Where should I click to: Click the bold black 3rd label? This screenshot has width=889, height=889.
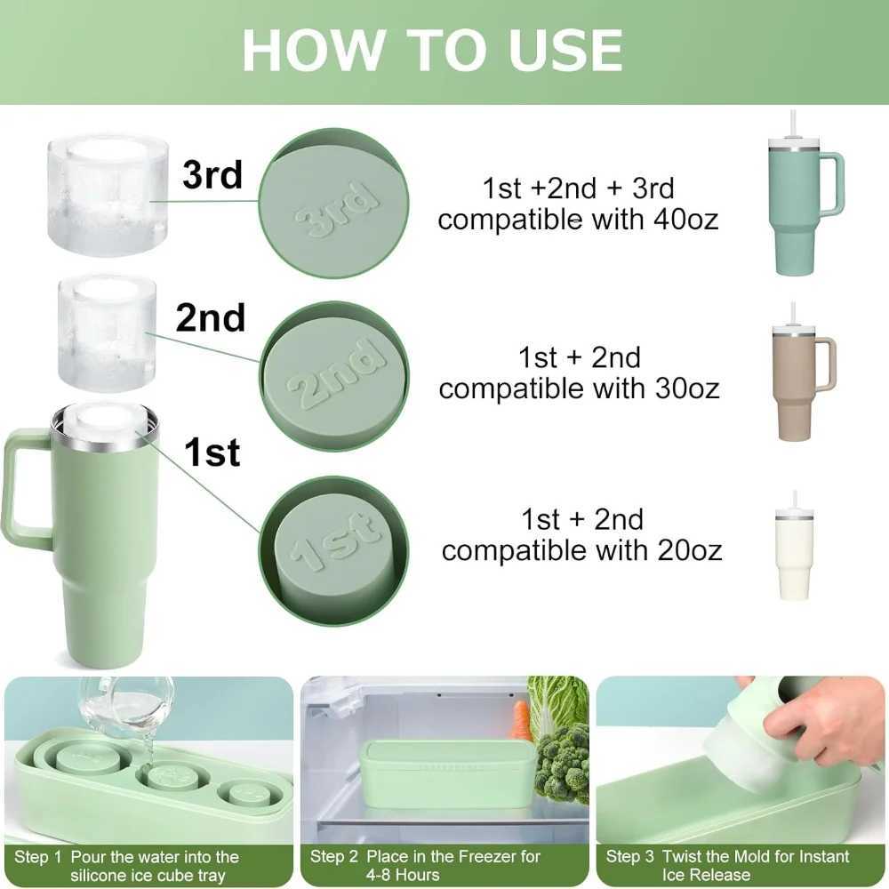click(212, 175)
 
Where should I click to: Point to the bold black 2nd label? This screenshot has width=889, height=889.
click(211, 317)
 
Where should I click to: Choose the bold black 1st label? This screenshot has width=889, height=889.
click(212, 453)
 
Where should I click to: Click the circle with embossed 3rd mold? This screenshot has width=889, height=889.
click(333, 204)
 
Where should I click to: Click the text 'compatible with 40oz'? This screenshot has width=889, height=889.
click(578, 220)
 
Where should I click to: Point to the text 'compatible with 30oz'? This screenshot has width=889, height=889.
click(579, 388)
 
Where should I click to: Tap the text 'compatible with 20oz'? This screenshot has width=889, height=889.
click(581, 550)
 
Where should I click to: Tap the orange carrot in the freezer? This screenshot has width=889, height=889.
click(521, 720)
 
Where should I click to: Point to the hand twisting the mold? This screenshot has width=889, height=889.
click(818, 720)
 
